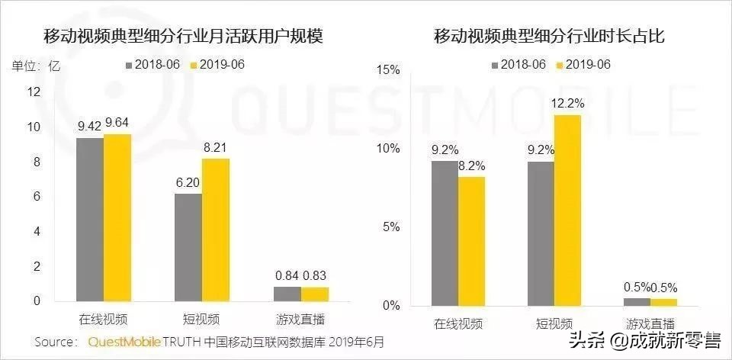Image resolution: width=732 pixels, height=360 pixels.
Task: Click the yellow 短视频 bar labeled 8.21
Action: [216, 230]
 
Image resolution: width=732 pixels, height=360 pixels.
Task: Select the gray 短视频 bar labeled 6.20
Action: [188, 247]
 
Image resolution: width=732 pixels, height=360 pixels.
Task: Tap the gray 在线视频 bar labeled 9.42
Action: [90, 219]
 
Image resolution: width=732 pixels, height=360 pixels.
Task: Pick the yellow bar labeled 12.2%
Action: [567, 210]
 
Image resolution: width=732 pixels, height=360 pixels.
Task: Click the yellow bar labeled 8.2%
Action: [472, 241]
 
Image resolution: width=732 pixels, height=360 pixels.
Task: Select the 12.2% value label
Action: [568, 104]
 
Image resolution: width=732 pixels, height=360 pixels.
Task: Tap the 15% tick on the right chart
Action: [389, 70]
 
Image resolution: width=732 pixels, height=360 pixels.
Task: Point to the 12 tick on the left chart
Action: [33, 92]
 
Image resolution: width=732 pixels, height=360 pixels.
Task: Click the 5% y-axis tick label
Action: [391, 227]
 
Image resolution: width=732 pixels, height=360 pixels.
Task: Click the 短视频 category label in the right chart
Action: [554, 323]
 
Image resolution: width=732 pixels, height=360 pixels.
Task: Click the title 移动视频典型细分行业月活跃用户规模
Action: [183, 37]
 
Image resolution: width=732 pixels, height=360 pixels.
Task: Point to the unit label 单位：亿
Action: [35, 65]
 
